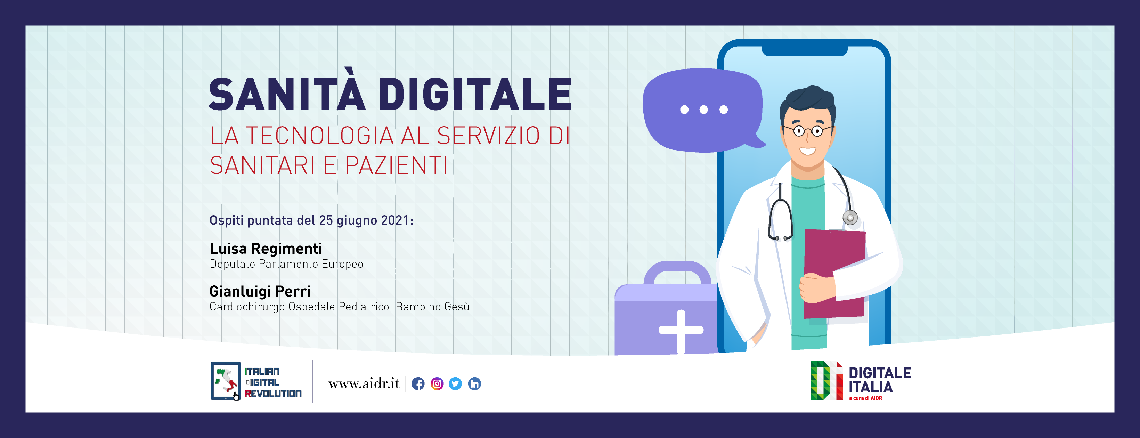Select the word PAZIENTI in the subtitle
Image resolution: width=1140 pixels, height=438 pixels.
click(x=396, y=165)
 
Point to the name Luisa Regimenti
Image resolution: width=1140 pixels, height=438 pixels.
click(x=266, y=249)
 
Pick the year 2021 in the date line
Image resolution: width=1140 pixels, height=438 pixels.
click(x=395, y=220)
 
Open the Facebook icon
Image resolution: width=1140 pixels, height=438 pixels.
click(x=418, y=383)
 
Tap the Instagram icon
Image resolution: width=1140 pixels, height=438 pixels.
click(x=437, y=383)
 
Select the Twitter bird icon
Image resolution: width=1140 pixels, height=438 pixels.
click(x=455, y=383)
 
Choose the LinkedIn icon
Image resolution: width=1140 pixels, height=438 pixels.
click(x=474, y=383)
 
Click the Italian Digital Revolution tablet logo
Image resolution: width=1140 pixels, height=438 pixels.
click(x=226, y=381)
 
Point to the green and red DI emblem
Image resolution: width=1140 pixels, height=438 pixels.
click(x=826, y=381)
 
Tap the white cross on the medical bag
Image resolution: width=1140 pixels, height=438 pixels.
click(x=681, y=330)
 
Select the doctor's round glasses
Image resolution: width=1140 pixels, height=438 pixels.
click(x=808, y=131)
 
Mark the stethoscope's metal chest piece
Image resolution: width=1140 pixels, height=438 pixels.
click(x=850, y=218)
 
